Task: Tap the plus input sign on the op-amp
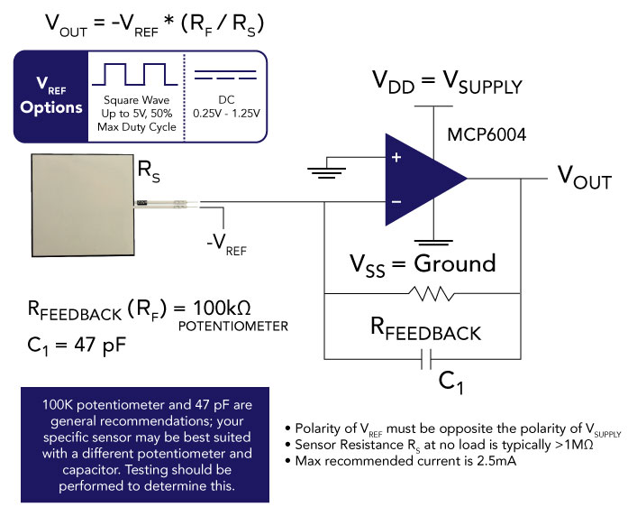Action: coord(396,157)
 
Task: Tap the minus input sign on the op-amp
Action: coord(396,200)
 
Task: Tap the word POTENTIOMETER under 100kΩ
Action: coord(233,326)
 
